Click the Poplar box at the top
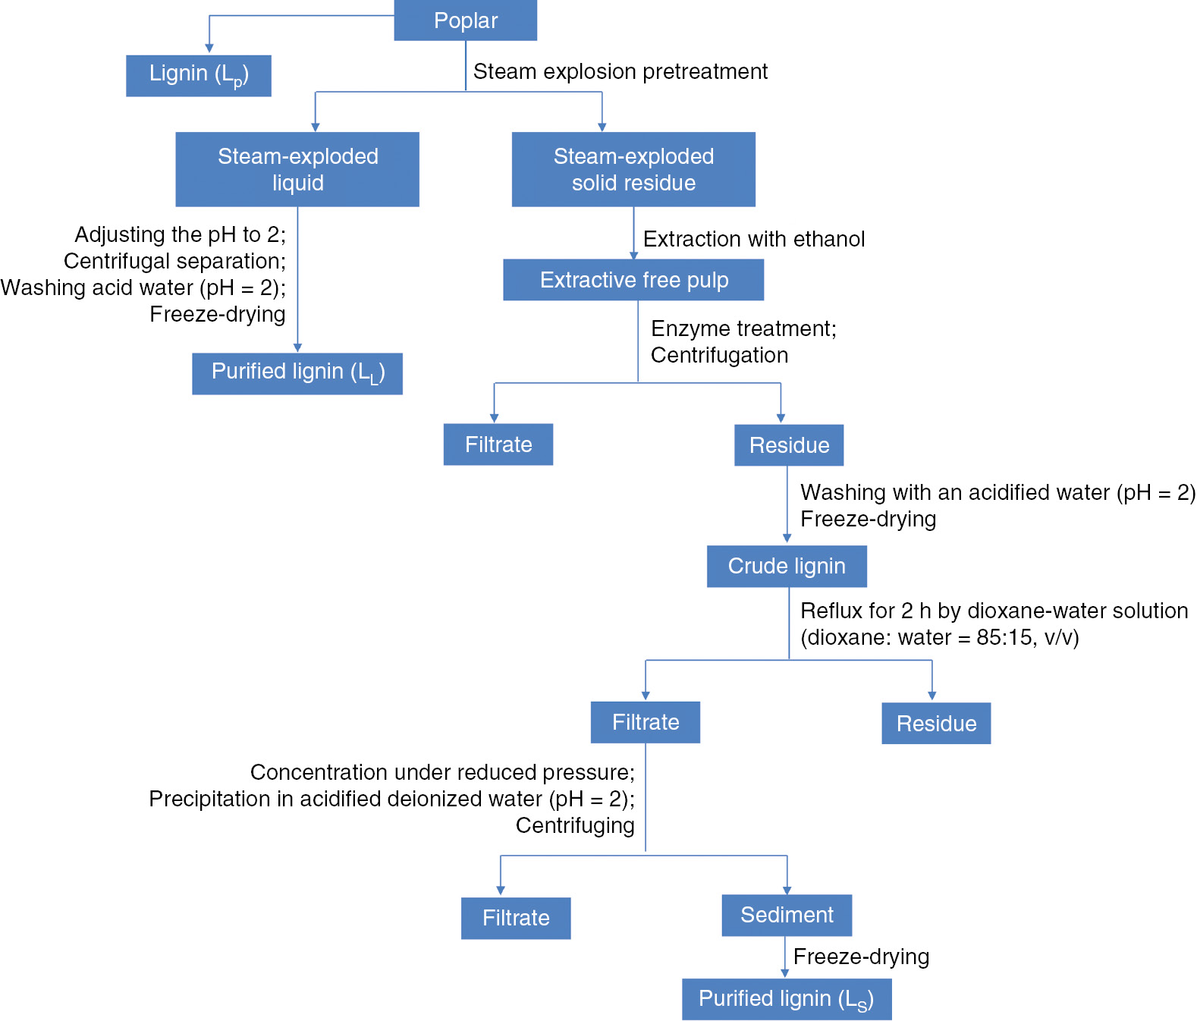[x=465, y=20]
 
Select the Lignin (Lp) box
[x=198, y=75]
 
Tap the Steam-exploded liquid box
[x=297, y=169]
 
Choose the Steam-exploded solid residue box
[x=633, y=169]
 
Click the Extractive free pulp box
[x=633, y=280]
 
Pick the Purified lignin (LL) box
[x=297, y=373]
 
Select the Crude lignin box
[x=787, y=566]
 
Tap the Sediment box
[x=787, y=915]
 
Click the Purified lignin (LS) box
[x=787, y=999]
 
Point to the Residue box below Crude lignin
[x=936, y=723]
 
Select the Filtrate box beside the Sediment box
[x=516, y=918]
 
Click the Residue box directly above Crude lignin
[x=789, y=445]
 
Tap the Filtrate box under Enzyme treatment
[x=498, y=445]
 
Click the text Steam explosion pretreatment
[x=620, y=71]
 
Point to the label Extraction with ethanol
[x=754, y=239]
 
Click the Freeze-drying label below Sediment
[x=861, y=957]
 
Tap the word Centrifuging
[x=575, y=825]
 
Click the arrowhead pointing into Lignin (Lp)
[x=209, y=49]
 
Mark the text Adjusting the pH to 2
[x=181, y=234]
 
